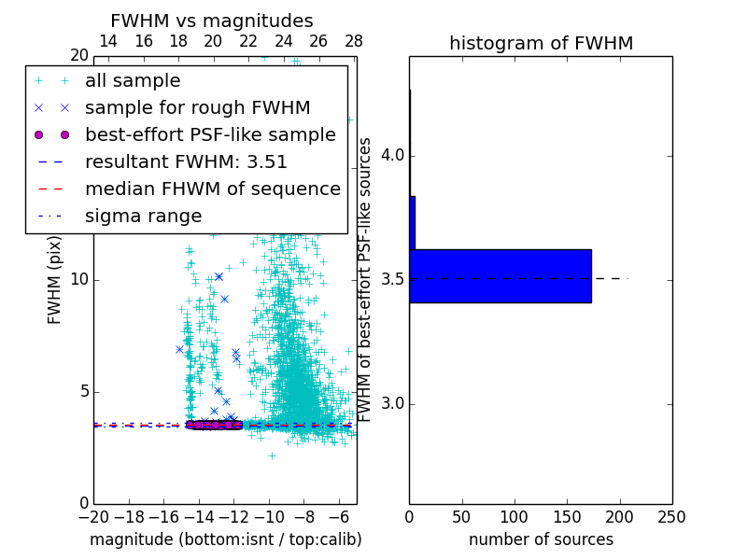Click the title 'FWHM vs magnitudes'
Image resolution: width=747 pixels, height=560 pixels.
coord(212,21)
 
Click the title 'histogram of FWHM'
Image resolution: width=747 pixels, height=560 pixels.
coord(541,43)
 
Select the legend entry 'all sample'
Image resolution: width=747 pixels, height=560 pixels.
coord(133,81)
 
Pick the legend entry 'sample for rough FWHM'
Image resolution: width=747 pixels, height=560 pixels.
coord(197,108)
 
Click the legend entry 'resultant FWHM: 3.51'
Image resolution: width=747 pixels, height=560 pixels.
coord(186,161)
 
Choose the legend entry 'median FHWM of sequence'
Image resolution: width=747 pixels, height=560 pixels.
coord(212,189)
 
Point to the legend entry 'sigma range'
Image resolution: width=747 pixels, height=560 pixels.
coord(143,216)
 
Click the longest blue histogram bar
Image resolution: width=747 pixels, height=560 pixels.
coord(500,276)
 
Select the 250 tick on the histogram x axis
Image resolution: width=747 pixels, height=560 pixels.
coord(671,516)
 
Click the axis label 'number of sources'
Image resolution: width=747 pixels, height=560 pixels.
coord(541,539)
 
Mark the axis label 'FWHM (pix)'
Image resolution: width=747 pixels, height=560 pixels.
coord(55,279)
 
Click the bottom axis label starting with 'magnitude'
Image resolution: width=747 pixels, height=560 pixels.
coord(225,539)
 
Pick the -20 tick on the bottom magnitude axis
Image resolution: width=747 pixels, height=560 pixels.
coord(93,516)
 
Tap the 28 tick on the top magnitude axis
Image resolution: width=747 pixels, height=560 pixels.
coord(354,41)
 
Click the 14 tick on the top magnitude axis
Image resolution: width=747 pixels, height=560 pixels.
coord(108,41)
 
